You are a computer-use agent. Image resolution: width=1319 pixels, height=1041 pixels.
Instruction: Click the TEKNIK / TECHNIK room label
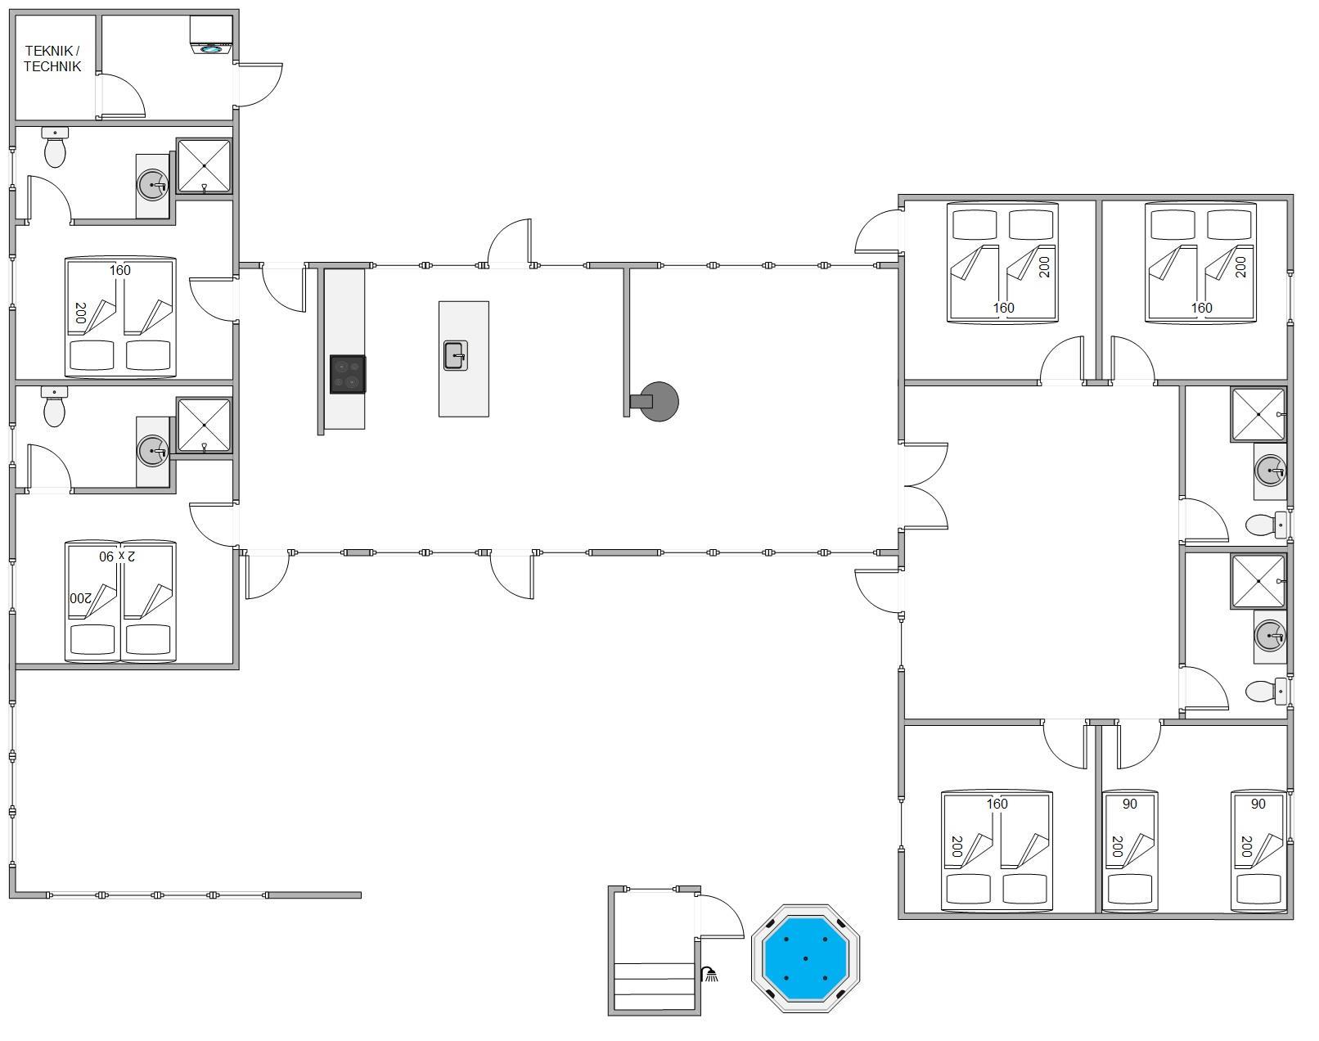(52, 59)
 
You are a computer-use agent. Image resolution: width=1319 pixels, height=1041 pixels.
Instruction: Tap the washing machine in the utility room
(211, 35)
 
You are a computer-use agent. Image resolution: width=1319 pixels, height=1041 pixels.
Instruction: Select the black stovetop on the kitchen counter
(348, 374)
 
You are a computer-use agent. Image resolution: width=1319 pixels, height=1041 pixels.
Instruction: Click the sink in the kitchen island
(456, 355)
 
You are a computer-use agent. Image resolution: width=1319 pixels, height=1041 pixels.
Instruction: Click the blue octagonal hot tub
(805, 958)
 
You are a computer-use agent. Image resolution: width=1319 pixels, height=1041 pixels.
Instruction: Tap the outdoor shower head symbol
(709, 974)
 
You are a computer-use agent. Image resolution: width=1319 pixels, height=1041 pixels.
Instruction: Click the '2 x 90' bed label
(117, 556)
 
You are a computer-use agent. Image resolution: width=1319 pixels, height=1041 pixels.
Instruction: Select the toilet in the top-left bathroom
(55, 147)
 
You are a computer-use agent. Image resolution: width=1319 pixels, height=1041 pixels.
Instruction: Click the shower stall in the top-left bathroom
(204, 166)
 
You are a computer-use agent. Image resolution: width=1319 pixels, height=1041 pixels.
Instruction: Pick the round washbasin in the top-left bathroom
(152, 184)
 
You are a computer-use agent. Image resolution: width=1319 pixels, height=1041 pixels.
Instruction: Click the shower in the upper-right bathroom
(1258, 414)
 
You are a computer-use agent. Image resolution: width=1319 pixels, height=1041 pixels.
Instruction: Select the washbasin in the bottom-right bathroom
(1270, 636)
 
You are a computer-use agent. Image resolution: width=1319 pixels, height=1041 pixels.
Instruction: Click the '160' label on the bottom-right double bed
(997, 804)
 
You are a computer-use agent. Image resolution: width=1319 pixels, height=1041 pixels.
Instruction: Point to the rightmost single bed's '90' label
(1258, 804)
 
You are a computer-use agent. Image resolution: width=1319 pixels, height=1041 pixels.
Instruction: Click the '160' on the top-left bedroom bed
(120, 270)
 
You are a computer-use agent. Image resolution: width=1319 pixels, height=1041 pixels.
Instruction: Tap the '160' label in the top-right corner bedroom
(1202, 308)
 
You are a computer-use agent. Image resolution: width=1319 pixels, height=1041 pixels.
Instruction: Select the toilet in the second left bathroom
(55, 407)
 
